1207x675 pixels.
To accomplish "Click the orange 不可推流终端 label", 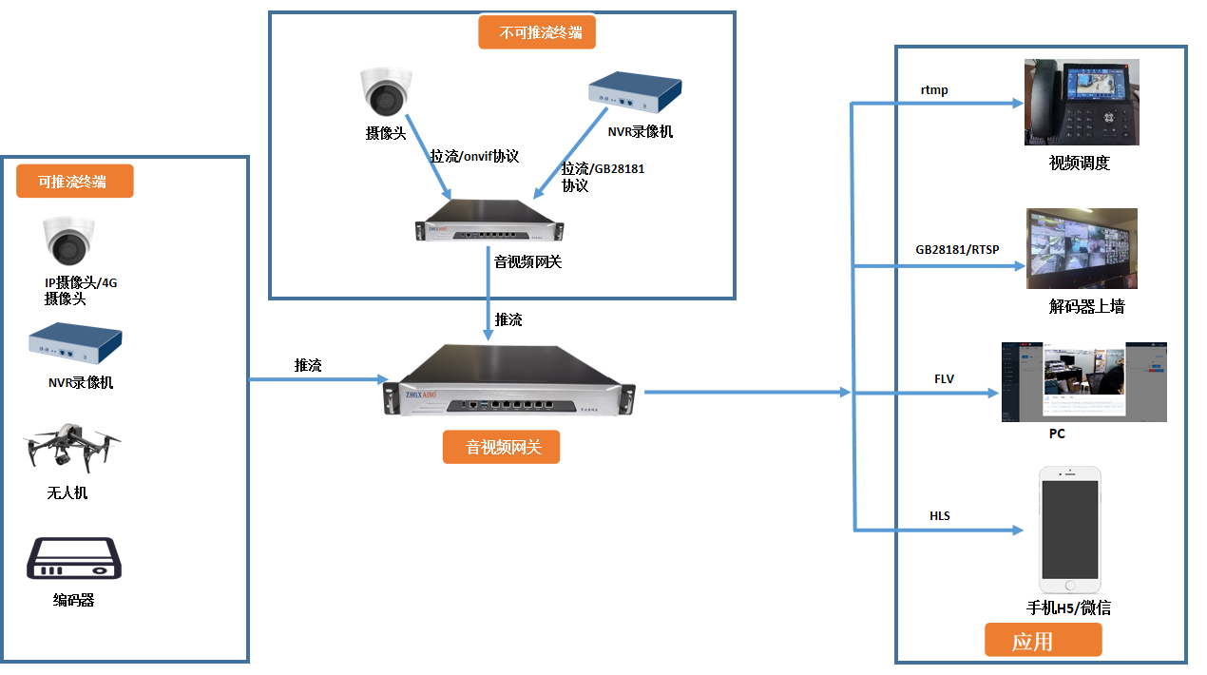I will pyautogui.click(x=538, y=34).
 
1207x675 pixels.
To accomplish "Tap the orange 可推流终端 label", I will pyautogui.click(x=74, y=181).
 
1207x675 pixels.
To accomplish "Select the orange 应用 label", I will pyautogui.click(x=1043, y=640).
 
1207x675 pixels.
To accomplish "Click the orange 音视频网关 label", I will pyautogui.click(x=501, y=447).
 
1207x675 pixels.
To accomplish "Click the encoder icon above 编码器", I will pyautogui.click(x=74, y=560).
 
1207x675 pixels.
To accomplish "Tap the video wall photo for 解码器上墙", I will pyautogui.click(x=1082, y=248).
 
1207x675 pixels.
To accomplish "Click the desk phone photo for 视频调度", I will pyautogui.click(x=1082, y=102).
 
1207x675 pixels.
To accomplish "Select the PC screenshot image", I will pyautogui.click(x=1083, y=382).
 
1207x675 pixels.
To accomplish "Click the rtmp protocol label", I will pyautogui.click(x=934, y=90).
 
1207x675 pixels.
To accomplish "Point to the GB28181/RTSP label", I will pyautogui.click(x=957, y=250).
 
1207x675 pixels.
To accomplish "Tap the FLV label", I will pyautogui.click(x=944, y=379).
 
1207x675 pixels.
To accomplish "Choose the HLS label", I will pyautogui.click(x=939, y=516).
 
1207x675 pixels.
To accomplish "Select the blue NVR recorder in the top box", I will pyautogui.click(x=634, y=93).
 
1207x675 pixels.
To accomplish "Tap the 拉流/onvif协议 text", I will pyautogui.click(x=474, y=157).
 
